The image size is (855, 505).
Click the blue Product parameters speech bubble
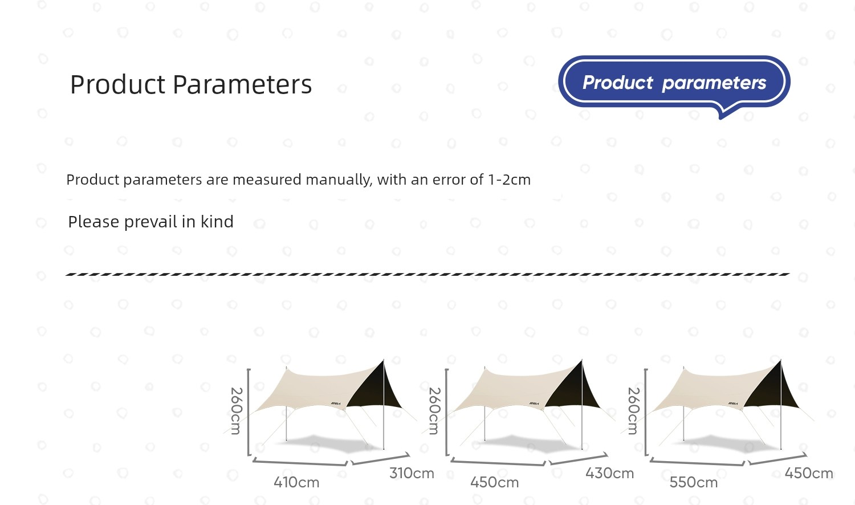pyautogui.click(x=674, y=83)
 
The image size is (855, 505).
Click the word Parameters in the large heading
pyautogui.click(x=242, y=84)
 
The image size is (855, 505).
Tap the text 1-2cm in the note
pyautogui.click(x=509, y=180)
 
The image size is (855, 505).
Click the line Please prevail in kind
pyautogui.click(x=151, y=222)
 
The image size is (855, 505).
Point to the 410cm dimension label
pyautogui.click(x=296, y=482)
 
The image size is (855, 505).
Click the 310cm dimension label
pyautogui.click(x=412, y=473)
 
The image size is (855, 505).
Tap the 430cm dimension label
pyautogui.click(x=609, y=473)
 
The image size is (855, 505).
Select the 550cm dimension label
pyautogui.click(x=694, y=482)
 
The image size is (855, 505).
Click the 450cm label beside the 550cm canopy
pyautogui.click(x=809, y=473)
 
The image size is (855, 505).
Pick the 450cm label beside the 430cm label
pyautogui.click(x=494, y=482)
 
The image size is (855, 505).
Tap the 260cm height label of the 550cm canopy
pyautogui.click(x=634, y=411)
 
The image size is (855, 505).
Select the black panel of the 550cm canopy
pyautogui.click(x=773, y=391)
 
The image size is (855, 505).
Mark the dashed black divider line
pyautogui.click(x=427, y=275)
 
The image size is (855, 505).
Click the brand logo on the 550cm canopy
pyautogui.click(x=732, y=404)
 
